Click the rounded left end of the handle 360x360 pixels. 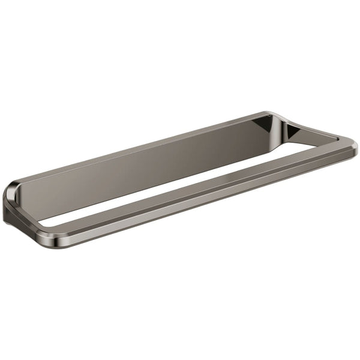click(13, 201)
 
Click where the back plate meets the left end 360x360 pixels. click(24, 189)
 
